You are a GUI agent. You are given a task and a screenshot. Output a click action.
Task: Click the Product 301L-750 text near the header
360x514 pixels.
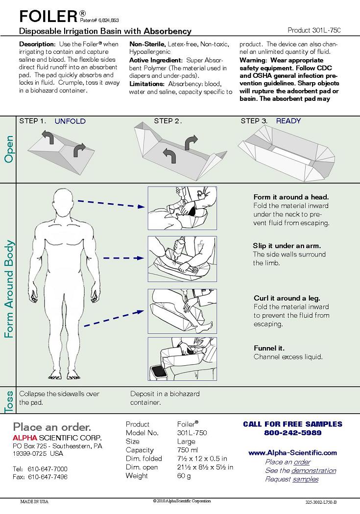pyautogui.click(x=314, y=30)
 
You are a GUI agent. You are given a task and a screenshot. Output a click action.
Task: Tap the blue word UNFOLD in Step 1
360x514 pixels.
pyautogui.click(x=70, y=121)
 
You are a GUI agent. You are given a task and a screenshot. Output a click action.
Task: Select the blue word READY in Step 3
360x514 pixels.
pyautogui.click(x=288, y=121)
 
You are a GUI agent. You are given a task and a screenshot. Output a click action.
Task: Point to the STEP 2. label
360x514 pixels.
pyautogui.click(x=168, y=121)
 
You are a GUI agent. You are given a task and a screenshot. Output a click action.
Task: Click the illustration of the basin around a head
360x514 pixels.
pyautogui.click(x=182, y=208)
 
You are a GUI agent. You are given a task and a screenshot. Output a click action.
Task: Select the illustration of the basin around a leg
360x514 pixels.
pyautogui.click(x=182, y=310)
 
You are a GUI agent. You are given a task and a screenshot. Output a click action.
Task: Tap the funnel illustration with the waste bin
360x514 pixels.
pyautogui.click(x=182, y=359)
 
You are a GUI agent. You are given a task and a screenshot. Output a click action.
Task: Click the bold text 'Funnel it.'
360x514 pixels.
pyautogui.click(x=269, y=348)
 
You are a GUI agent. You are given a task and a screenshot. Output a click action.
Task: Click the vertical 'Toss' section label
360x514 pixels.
pyautogui.click(x=8, y=401)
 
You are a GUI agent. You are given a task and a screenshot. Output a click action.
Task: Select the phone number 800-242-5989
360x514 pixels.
pyautogui.click(x=293, y=433)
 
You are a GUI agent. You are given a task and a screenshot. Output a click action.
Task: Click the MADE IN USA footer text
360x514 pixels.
pyautogui.click(x=34, y=501)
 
